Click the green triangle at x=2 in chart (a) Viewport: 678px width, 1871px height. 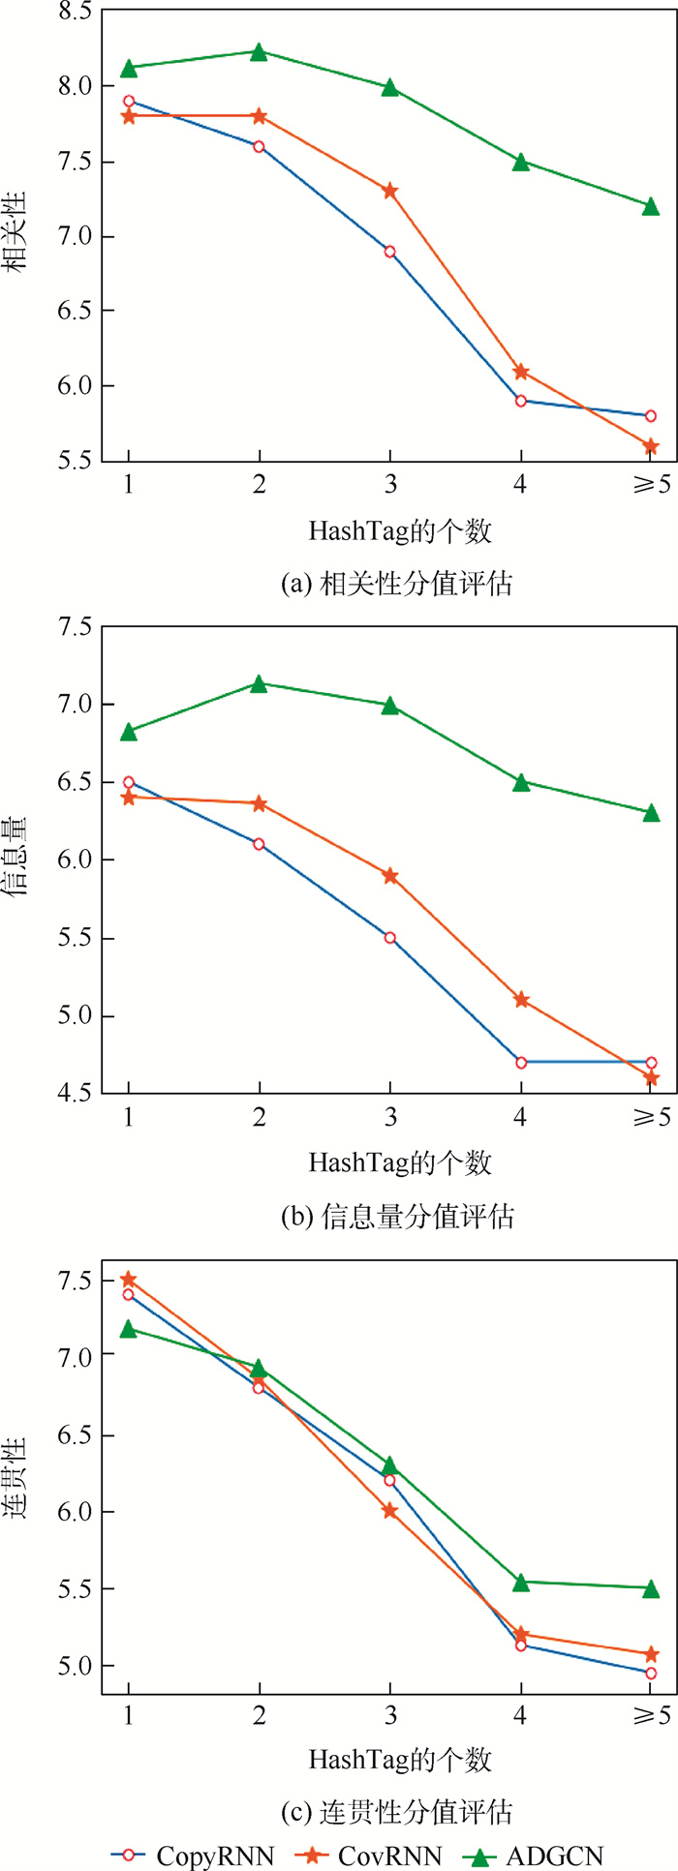259,51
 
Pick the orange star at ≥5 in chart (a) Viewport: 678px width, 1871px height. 651,446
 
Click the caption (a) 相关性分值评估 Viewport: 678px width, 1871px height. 395,583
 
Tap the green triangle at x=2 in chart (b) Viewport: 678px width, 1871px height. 259,684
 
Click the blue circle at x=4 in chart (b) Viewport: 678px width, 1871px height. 521,1062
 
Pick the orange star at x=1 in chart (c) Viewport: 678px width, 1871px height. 128,1280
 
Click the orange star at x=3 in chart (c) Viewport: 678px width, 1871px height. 389,1510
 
